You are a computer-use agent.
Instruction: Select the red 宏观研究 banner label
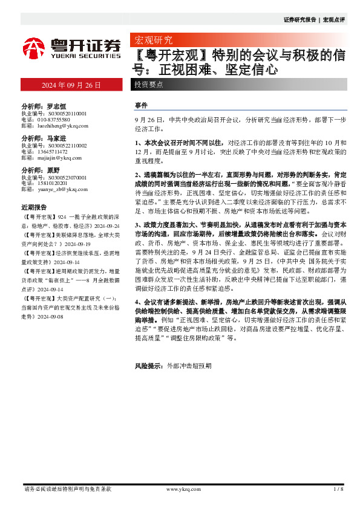pyautogui.click(x=152, y=41)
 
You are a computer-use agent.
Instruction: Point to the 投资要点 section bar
pyautogui.click(x=149, y=85)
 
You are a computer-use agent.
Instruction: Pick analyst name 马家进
pyautogui.click(x=62, y=138)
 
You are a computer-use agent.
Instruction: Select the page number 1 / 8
pyautogui.click(x=338, y=488)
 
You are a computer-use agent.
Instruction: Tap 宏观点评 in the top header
pyautogui.click(x=333, y=20)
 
